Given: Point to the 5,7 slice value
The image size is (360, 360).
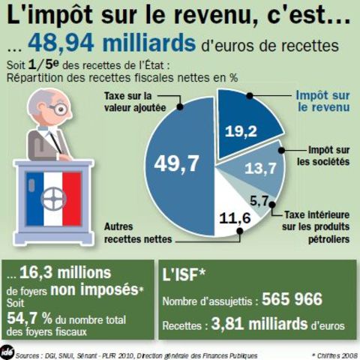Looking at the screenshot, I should pyautogui.click(x=259, y=200).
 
